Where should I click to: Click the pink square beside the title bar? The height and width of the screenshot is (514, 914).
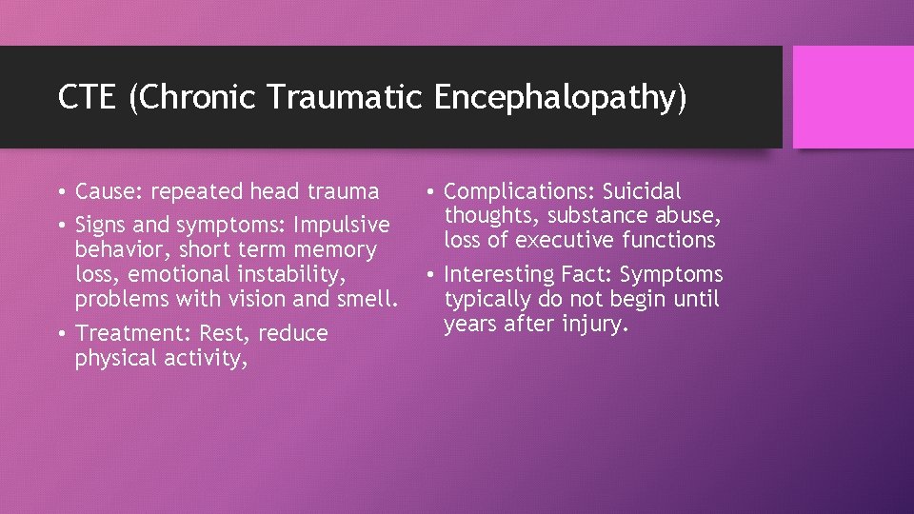coord(852,97)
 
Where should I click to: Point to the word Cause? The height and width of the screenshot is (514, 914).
coord(106,192)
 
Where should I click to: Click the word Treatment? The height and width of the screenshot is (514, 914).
coord(124,334)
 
